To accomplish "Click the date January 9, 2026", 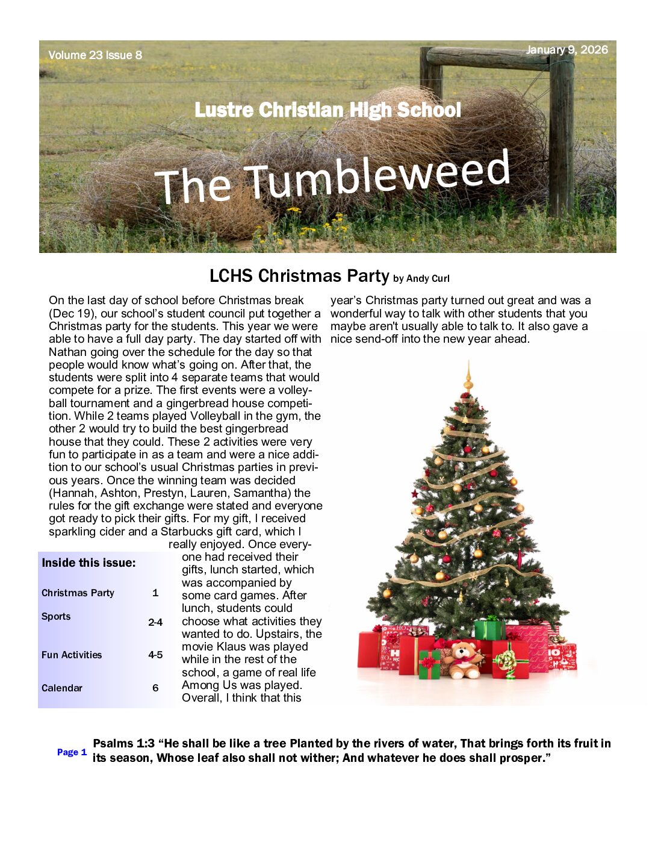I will coord(567,50).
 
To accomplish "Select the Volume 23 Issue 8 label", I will coord(95,55).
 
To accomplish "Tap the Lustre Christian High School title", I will coord(327,110).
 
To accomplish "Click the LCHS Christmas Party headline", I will coord(299,276).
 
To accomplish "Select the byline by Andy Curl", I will coord(421,278).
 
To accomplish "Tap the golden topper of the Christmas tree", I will coord(468,378).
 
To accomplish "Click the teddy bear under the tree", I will coord(464,658).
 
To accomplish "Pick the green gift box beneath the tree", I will coord(489,629).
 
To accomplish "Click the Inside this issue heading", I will coord(88,563).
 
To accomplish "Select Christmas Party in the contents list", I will coord(78,593).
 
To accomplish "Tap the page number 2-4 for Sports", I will coord(155,622).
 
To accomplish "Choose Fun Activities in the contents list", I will coord(72,655).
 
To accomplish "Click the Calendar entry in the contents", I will coord(62,688).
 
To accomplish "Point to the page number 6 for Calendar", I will coord(155,688).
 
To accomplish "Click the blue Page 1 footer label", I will coord(72,752).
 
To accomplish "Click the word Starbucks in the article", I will coord(187,531).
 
